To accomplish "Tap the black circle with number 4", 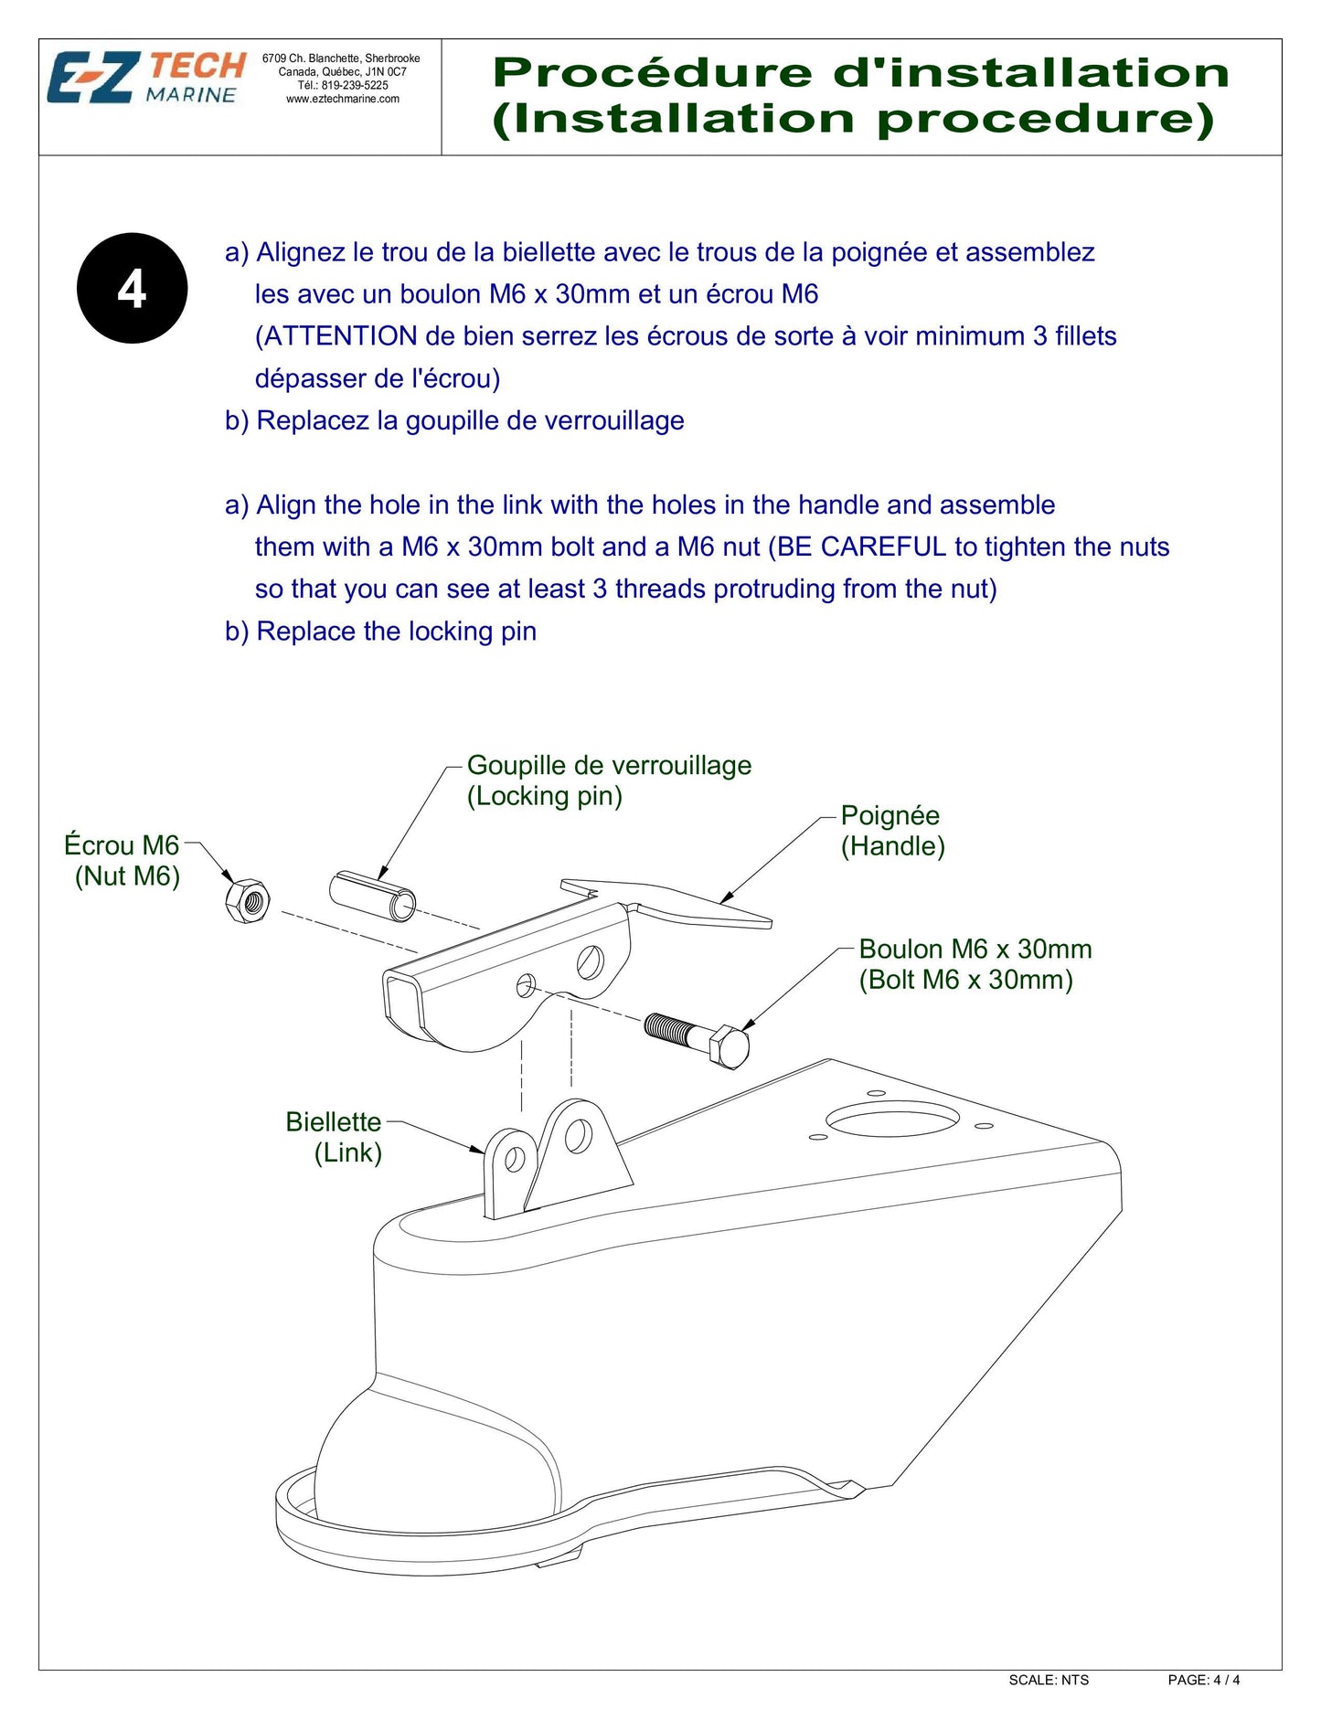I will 133,289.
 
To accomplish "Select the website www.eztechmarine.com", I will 343,99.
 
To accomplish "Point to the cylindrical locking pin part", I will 372,896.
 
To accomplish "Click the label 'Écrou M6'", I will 122,845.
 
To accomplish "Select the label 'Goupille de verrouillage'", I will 609,766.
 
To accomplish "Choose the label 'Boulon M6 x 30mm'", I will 975,950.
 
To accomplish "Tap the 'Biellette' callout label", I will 333,1122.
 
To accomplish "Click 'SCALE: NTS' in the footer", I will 1049,1680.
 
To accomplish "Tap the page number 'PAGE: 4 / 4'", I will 1204,1680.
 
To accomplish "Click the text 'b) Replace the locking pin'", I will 380,632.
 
